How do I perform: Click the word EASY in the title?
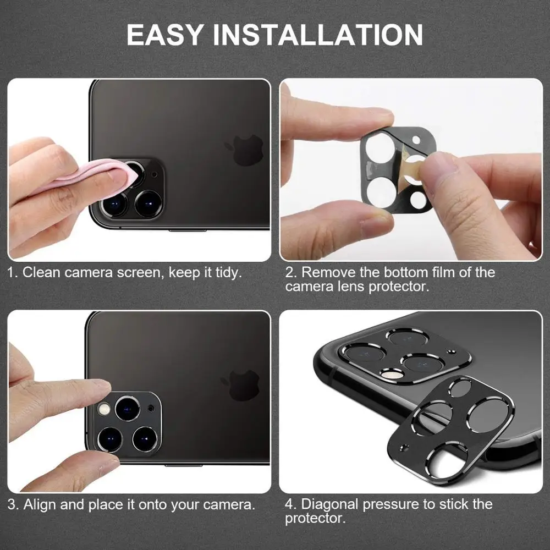[165, 34]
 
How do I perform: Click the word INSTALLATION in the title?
[318, 34]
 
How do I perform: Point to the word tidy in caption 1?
[227, 272]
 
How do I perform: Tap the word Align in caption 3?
[38, 504]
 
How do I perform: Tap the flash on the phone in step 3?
[103, 410]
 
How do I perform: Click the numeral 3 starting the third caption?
[12, 504]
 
